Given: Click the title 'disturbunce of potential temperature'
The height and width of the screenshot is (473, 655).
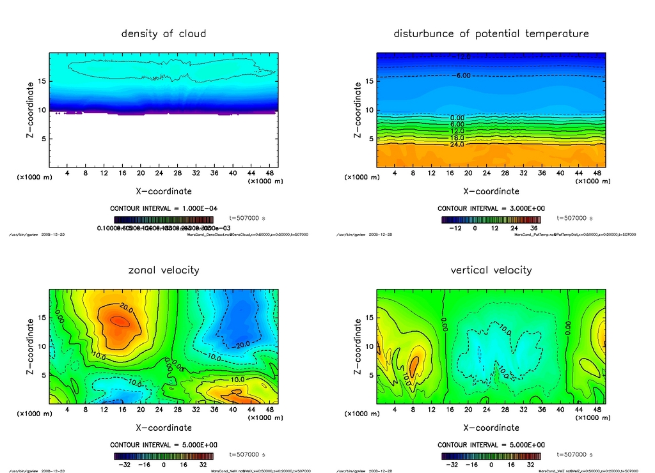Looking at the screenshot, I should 491,33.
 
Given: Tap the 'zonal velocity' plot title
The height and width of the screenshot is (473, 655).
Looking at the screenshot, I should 164,270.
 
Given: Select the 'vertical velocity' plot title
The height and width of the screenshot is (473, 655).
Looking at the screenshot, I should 491,270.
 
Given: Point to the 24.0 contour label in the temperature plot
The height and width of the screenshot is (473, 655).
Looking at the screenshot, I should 457,144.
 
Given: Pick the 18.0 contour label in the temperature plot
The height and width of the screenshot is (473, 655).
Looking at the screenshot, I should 457,137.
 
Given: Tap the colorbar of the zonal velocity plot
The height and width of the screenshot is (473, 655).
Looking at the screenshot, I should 164,456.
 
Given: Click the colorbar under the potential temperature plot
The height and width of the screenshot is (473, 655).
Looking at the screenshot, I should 491,219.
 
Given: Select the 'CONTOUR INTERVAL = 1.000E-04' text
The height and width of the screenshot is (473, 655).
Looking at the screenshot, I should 164,208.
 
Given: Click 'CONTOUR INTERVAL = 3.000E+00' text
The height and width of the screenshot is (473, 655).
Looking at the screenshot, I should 491,208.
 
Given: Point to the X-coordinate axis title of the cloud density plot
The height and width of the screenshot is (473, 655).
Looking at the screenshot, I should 164,190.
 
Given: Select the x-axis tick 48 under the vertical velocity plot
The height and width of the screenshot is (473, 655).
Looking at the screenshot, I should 597,410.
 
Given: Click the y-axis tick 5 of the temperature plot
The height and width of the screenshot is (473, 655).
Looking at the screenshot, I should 368,139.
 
